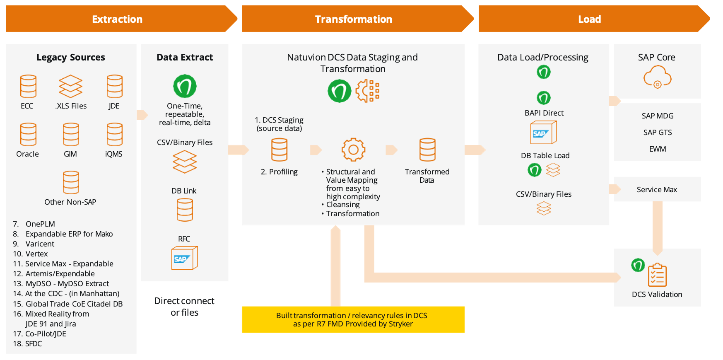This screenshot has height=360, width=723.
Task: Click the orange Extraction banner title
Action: click(117, 19)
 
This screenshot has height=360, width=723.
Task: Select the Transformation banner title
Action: click(353, 19)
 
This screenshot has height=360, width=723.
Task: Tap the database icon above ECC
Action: click(28, 86)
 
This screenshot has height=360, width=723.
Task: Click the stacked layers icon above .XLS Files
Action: click(70, 86)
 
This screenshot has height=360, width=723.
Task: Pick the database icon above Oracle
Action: click(28, 134)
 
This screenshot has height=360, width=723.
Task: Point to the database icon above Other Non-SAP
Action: click(71, 182)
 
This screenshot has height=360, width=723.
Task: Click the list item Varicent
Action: click(40, 244)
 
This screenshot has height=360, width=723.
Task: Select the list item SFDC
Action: click(34, 343)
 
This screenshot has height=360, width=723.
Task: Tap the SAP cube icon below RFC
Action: click(185, 258)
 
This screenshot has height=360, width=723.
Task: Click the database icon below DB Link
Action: click(185, 210)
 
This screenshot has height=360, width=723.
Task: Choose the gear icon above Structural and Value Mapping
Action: click(353, 150)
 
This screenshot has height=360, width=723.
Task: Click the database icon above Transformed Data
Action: click(427, 150)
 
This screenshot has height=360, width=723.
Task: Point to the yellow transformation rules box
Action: click(353, 319)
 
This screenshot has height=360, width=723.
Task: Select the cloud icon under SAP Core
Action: click(657, 77)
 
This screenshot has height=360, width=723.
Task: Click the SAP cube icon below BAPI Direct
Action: click(544, 133)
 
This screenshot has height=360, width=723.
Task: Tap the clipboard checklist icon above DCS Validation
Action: click(657, 275)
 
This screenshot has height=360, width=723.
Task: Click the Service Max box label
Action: click(657, 190)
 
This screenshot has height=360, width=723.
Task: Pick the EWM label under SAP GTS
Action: click(658, 149)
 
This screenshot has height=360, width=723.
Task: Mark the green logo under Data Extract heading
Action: click(185, 86)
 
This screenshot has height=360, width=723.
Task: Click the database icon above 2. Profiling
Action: click(279, 150)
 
